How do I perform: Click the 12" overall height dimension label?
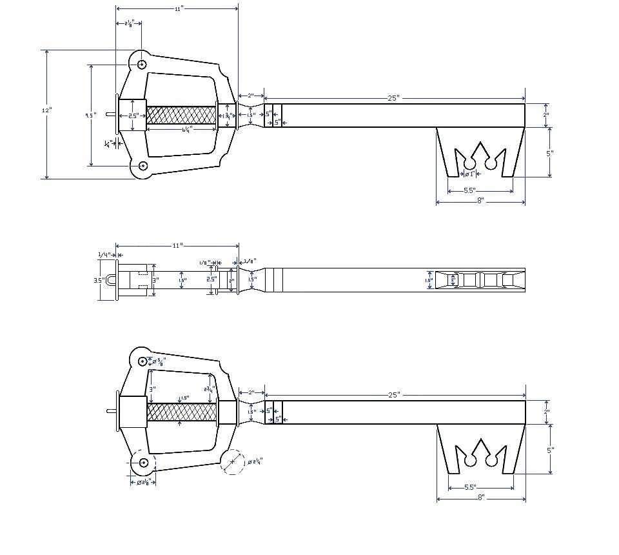[x=46, y=110]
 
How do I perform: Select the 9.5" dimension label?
[x=91, y=115]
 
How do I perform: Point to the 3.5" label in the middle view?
[x=99, y=281]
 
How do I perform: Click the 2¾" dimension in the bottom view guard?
[x=208, y=389]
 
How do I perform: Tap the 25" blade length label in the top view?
[x=393, y=97]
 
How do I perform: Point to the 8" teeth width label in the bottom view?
[x=480, y=498]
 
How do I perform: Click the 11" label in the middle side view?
[x=177, y=246]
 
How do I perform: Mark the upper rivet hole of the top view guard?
[x=142, y=64]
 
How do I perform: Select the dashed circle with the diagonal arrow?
[x=233, y=463]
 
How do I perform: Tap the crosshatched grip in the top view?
[x=181, y=116]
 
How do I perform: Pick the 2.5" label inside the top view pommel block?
[x=133, y=116]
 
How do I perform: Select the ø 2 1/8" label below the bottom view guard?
[x=142, y=481]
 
